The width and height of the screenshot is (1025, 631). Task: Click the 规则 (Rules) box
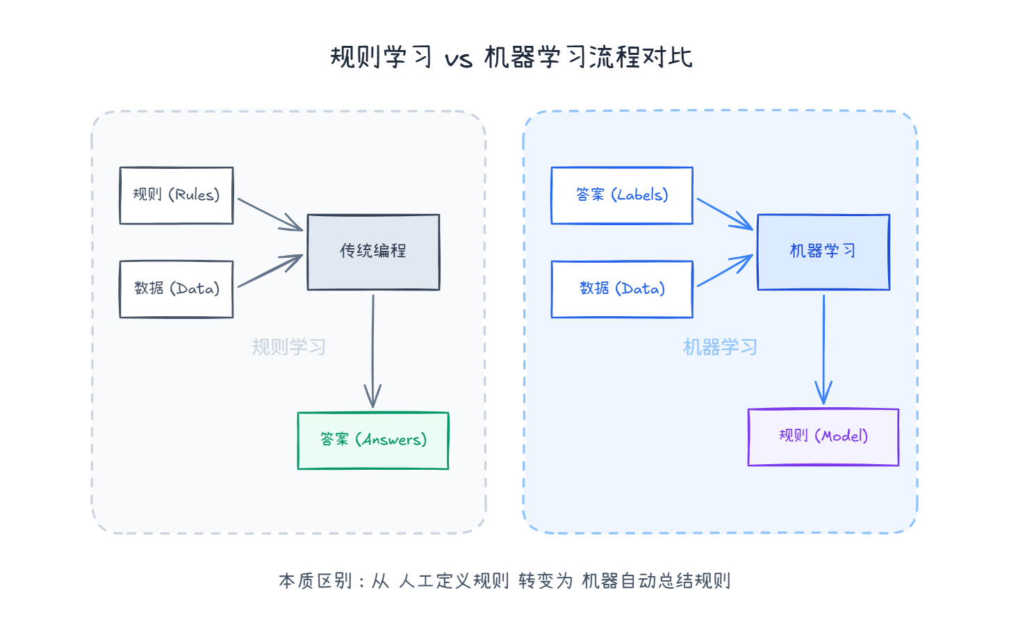176,195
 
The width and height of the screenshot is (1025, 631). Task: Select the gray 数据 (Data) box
176,289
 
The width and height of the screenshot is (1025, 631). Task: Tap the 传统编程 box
373,252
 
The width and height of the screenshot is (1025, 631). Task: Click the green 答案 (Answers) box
373,441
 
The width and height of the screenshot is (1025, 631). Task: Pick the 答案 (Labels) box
622,195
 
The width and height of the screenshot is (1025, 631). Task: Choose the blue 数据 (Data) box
622,289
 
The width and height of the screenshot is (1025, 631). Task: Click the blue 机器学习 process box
823,252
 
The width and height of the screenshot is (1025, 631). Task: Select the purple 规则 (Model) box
823,436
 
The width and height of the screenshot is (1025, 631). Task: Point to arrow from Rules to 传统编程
270,214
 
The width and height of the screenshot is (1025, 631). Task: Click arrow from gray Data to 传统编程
270,271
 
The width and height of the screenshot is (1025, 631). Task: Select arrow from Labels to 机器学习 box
725,213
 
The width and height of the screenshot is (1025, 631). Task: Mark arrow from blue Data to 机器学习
725,271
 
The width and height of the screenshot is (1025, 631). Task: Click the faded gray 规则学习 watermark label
288,347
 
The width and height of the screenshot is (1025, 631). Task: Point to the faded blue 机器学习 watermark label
720,347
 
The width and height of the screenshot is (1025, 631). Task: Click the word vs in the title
458,58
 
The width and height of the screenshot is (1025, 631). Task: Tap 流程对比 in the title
641,57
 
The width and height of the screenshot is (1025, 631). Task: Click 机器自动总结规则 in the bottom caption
656,581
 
